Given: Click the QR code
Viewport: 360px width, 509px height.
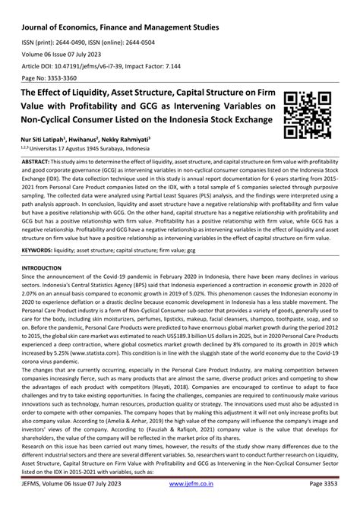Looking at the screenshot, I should [308, 113].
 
